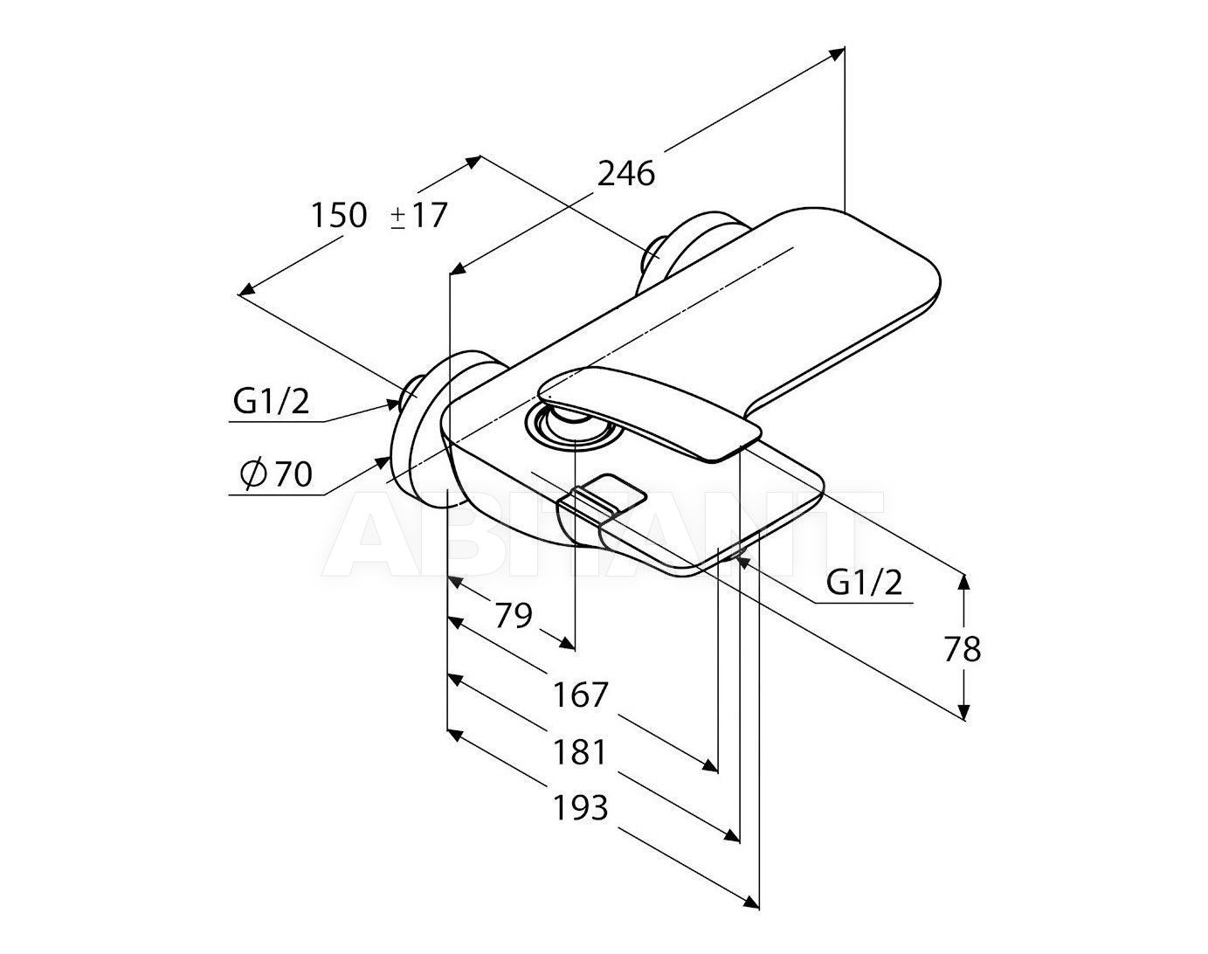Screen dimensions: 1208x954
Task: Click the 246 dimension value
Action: click(x=626, y=173)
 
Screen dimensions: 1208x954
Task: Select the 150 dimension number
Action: click(x=339, y=215)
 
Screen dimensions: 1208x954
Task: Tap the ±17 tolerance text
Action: click(x=418, y=215)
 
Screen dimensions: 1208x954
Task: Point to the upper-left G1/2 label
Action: click(x=271, y=402)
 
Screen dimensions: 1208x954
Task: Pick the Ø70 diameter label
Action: click(x=276, y=474)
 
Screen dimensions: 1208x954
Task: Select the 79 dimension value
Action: click(x=513, y=615)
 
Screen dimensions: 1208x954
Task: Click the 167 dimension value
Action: click(x=581, y=695)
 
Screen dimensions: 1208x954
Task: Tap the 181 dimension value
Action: click(x=581, y=752)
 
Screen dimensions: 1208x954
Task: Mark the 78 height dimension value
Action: click(x=963, y=649)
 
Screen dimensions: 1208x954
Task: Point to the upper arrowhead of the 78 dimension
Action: click(x=963, y=581)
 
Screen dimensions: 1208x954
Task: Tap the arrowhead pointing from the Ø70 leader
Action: click(x=383, y=462)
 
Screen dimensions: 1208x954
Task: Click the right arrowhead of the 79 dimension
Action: click(x=566, y=642)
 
